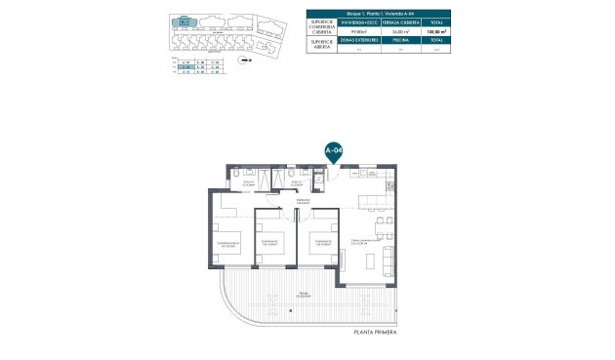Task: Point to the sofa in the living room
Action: click(x=390, y=258)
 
